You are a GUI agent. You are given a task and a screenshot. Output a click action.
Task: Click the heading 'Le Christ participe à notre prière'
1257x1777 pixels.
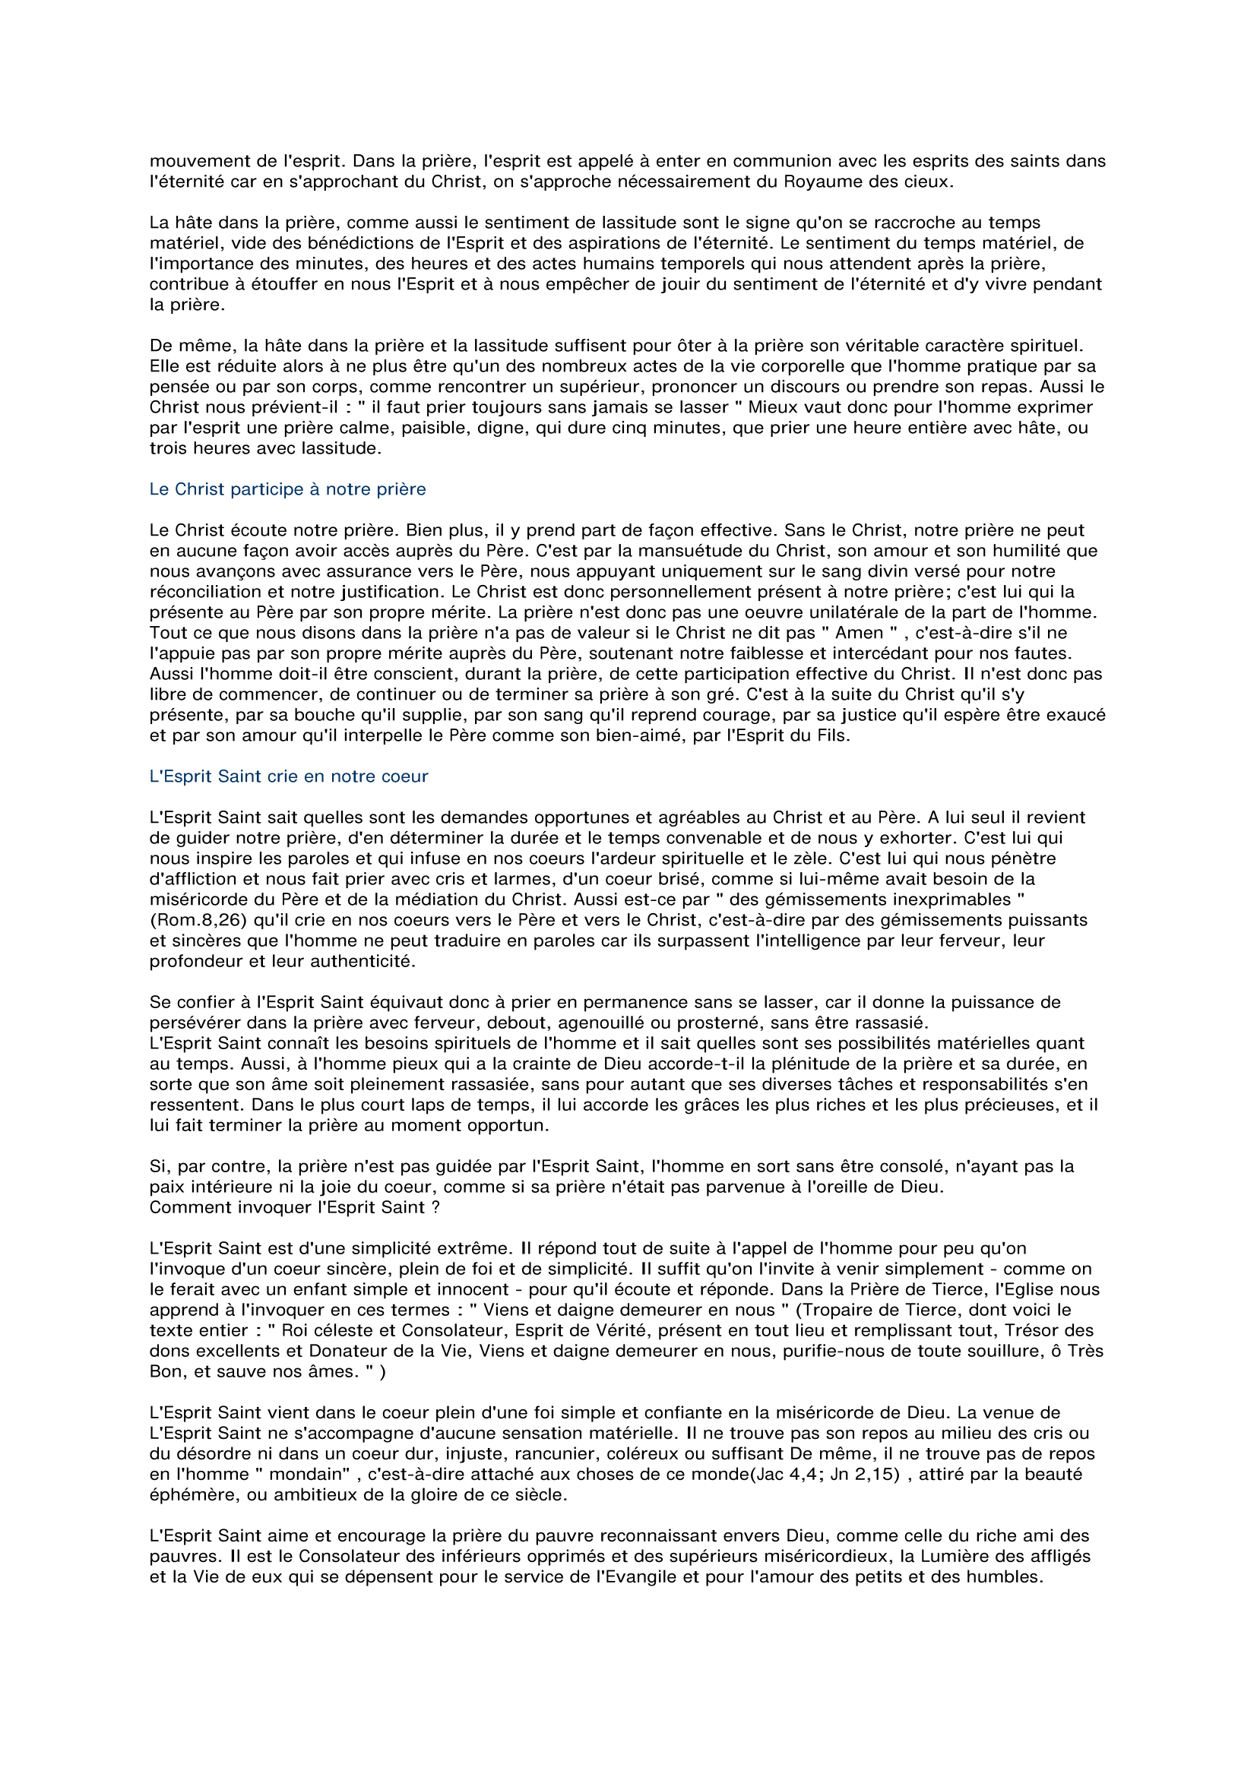pos(287,489)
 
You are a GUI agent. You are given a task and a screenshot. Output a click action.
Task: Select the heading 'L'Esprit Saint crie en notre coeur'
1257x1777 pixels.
pos(288,776)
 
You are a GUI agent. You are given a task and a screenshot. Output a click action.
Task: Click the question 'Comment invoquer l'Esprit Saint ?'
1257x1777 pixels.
pos(294,1207)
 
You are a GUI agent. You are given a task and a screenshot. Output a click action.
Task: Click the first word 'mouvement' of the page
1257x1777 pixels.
pos(192,161)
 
